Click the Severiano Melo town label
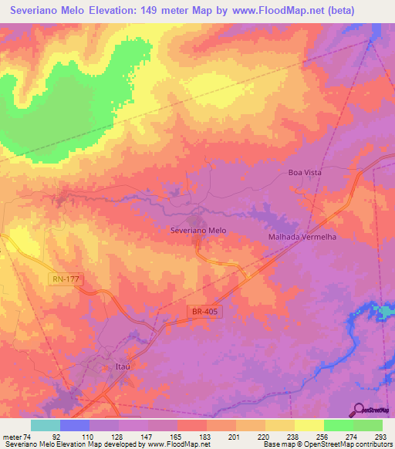(x=198, y=231)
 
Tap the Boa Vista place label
(x=304, y=173)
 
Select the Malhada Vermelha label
(x=302, y=237)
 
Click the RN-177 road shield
(x=63, y=278)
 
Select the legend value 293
(x=382, y=436)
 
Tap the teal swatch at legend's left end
(x=46, y=425)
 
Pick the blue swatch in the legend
(x=75, y=425)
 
